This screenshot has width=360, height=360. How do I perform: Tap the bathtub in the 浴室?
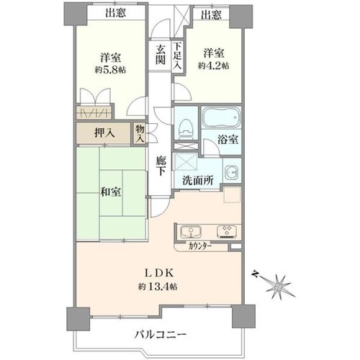pyautogui.click(x=222, y=117)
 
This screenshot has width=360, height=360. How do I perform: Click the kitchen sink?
pyautogui.click(x=191, y=231)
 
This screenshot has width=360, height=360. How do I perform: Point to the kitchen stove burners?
pyautogui.click(x=227, y=231)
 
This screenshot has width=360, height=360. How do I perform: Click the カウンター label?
pyautogui.click(x=200, y=246)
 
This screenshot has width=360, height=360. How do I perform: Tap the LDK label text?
pyautogui.click(x=158, y=273)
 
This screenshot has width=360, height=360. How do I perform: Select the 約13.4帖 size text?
pyautogui.click(x=158, y=287)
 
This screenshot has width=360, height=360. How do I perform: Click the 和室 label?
pyautogui.click(x=111, y=192)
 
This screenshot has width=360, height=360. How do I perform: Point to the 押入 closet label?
pyautogui.click(x=104, y=132)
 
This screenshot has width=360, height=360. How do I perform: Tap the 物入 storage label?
pyautogui.click(x=140, y=133)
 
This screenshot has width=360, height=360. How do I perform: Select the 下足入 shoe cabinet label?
pyautogui.click(x=178, y=55)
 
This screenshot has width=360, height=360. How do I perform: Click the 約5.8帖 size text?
pyautogui.click(x=110, y=70)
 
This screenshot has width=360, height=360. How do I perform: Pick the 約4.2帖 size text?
pyautogui.click(x=213, y=66)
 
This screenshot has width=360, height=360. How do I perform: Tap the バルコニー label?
pyautogui.click(x=160, y=334)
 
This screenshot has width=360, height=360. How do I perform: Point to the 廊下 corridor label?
pyautogui.click(x=161, y=166)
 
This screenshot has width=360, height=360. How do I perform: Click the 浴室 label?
pyautogui.click(x=228, y=140)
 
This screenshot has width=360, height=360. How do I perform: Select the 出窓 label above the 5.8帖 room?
pyautogui.click(x=115, y=12)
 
